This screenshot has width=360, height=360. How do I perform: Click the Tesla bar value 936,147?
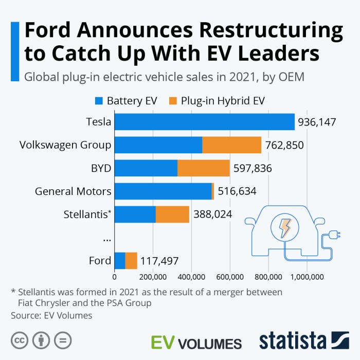tap(316, 122)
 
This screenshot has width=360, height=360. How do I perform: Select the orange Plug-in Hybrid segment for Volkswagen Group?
tap(231, 145)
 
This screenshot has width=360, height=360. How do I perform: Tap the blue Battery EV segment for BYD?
tap(146, 168)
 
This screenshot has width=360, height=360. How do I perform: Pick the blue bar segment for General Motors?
tap(163, 191)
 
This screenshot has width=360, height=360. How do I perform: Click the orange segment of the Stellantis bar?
tap(172, 214)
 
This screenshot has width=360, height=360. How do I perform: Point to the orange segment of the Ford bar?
tap(131, 261)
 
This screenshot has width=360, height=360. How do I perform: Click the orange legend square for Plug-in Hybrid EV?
tap(172, 101)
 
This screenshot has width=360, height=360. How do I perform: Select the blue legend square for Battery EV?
tap(99, 101)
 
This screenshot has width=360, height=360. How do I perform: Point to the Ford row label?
tap(100, 261)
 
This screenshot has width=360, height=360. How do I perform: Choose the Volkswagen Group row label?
tap(65, 145)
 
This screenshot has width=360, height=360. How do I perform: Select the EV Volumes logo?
tap(196, 343)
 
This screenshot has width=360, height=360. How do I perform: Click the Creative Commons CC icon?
tap(20, 340)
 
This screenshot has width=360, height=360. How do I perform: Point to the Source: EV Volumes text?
tap(51, 315)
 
